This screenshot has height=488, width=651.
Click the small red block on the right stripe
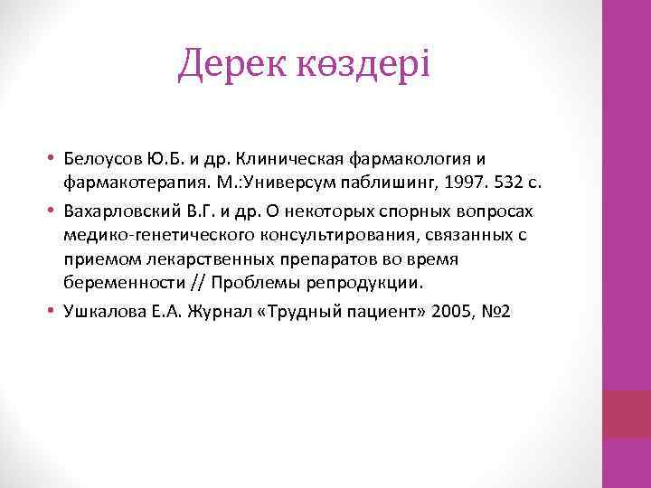click(626, 414)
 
